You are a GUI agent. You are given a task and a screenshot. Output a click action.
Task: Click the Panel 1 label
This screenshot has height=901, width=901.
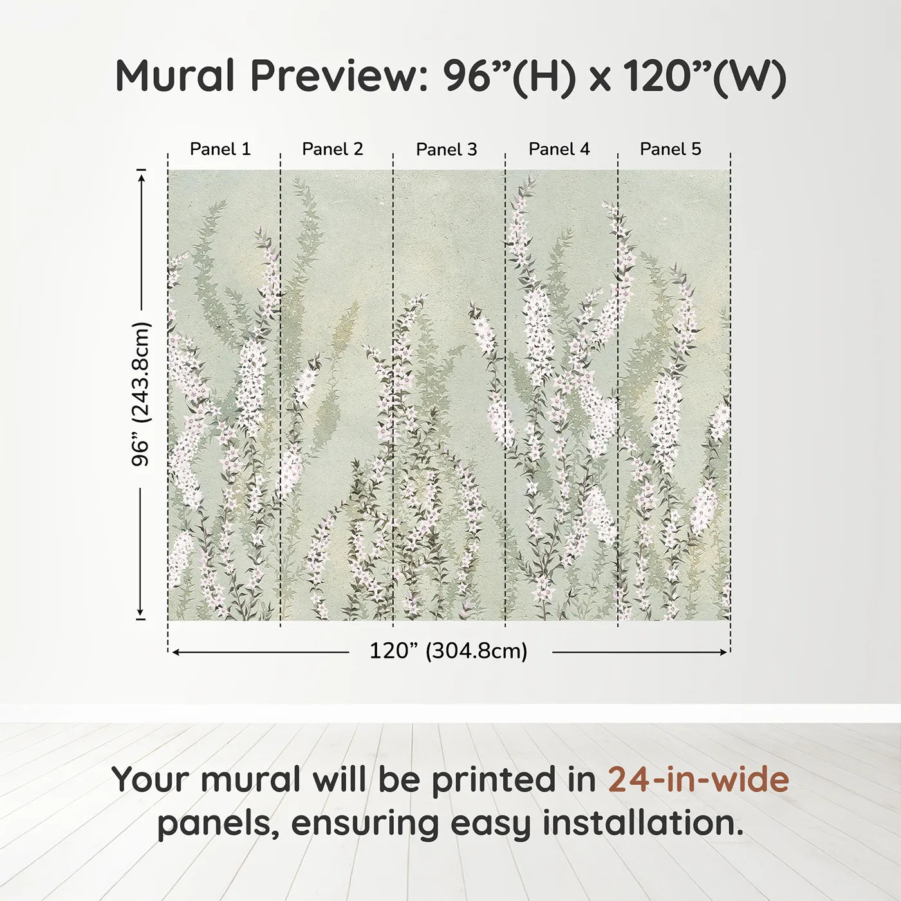(x=220, y=149)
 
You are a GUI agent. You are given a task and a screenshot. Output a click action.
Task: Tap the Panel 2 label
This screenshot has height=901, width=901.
(x=333, y=149)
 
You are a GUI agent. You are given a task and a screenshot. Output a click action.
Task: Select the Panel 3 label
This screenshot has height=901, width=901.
(x=447, y=149)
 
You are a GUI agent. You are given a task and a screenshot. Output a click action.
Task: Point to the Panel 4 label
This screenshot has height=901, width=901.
(x=559, y=149)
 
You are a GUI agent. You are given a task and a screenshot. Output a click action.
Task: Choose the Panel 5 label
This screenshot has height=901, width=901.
(x=671, y=149)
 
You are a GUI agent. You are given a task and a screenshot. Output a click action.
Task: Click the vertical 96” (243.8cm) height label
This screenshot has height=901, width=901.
(x=140, y=394)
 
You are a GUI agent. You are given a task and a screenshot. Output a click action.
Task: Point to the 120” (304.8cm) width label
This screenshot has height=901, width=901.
(x=449, y=651)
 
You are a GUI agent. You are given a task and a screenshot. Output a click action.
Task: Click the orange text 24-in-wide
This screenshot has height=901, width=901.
(x=698, y=779)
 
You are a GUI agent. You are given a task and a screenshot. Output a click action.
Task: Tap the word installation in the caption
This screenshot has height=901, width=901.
(x=643, y=823)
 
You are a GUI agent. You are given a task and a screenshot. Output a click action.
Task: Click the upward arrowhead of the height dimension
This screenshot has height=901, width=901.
(x=141, y=175)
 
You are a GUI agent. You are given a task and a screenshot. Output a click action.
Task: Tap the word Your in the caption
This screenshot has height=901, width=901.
(x=152, y=779)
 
